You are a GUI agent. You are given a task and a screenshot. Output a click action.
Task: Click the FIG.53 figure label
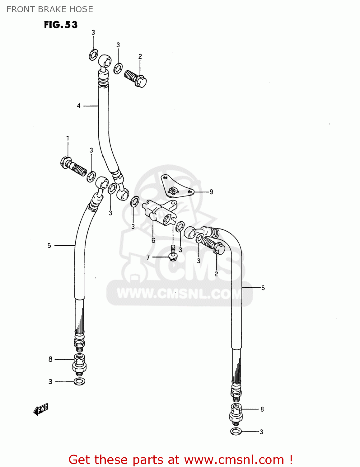click(61, 25)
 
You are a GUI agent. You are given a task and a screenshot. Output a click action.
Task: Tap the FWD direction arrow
click(41, 409)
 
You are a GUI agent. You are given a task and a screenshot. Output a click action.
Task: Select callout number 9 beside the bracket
click(211, 192)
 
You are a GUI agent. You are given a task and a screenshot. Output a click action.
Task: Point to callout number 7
click(148, 257)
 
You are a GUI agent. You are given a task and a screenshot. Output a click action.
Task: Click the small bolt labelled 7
click(173, 252)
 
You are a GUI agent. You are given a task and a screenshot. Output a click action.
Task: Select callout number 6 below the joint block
click(153, 240)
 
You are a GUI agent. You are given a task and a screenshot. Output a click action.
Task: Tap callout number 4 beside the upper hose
click(79, 106)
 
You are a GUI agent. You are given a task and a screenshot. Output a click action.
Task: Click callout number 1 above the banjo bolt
click(68, 138)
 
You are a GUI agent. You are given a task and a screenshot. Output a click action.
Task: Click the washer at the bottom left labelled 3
click(80, 381)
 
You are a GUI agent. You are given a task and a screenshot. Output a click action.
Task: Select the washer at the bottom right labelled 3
click(236, 432)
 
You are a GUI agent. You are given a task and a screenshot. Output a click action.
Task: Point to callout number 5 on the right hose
click(263, 288)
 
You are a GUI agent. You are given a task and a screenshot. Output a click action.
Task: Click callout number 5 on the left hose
click(49, 246)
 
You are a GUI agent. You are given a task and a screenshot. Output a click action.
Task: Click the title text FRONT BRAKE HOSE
click(50, 9)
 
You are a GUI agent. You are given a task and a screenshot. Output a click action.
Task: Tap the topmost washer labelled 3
click(93, 55)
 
